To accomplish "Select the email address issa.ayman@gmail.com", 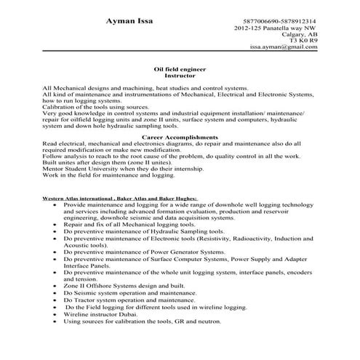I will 284,46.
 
